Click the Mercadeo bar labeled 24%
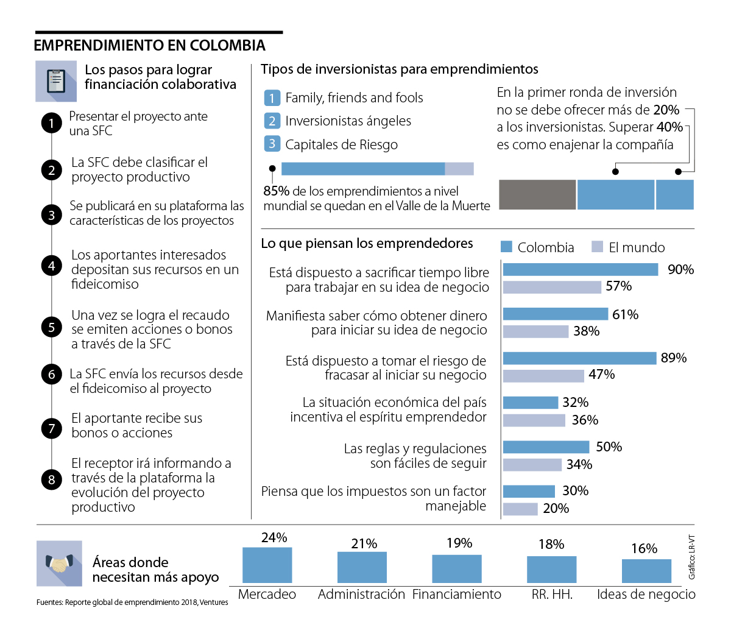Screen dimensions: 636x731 [267, 565]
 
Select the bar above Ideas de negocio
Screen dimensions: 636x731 [646, 571]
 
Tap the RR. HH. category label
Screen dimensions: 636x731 [552, 595]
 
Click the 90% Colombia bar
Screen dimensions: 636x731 [581, 269]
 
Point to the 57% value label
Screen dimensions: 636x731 [618, 286]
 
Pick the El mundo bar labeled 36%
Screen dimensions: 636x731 [534, 420]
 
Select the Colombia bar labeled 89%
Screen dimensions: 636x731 [579, 358]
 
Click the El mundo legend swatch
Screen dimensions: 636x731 [597, 247]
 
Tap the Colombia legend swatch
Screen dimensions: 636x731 [506, 247]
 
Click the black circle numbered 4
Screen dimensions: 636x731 [52, 266]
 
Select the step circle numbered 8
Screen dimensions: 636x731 [52, 479]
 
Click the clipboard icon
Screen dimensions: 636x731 [56, 81]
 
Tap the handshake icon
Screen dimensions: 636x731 [59, 564]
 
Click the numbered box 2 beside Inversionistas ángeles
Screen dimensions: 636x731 [272, 121]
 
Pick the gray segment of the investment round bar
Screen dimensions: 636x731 [537, 195]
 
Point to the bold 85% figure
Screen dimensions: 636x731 [276, 191]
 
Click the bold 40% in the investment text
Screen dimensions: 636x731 [669, 127]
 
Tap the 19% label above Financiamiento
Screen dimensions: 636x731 [459, 543]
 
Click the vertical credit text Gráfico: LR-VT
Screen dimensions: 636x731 [691, 557]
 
